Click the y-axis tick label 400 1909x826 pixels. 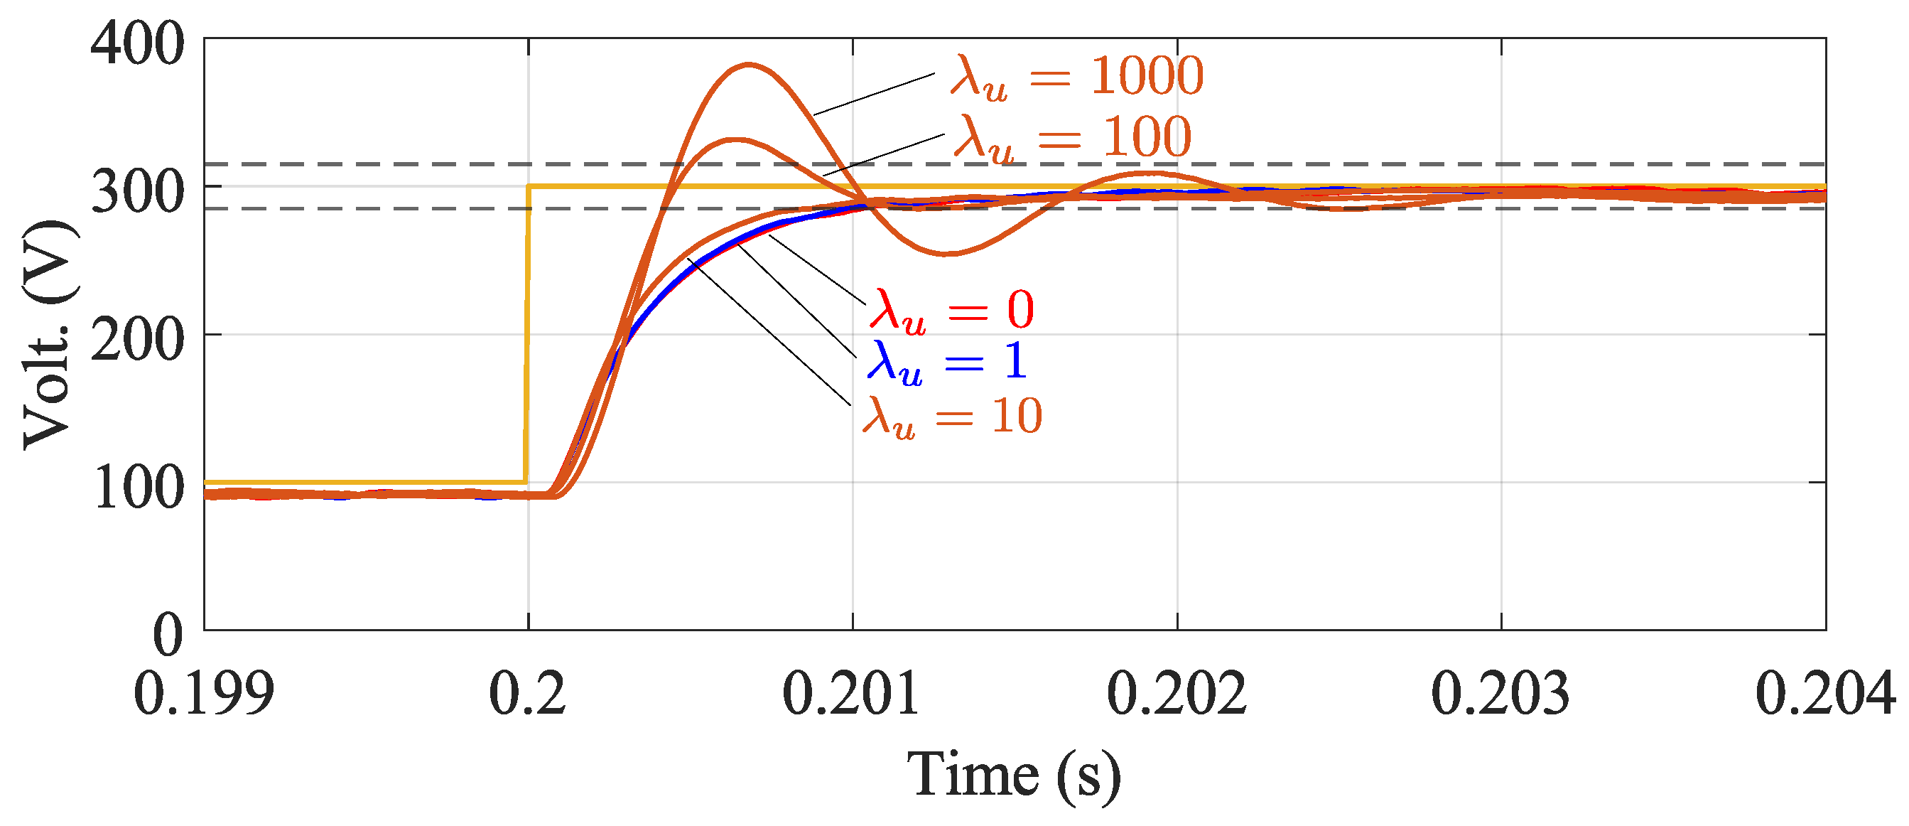click(137, 45)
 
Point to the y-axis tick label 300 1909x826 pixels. click(137, 193)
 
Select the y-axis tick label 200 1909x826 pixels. click(137, 341)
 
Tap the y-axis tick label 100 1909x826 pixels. click(139, 488)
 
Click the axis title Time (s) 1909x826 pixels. click(1014, 776)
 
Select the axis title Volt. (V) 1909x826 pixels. click(49, 333)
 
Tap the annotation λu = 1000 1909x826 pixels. click(1077, 77)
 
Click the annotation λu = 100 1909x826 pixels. click(1072, 139)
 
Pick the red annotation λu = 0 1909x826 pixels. click(951, 310)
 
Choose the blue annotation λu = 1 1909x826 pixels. click(947, 363)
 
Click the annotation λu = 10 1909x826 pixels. click(952, 417)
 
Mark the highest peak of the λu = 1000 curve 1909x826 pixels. click(749, 65)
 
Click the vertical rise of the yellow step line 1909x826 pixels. click(528, 333)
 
